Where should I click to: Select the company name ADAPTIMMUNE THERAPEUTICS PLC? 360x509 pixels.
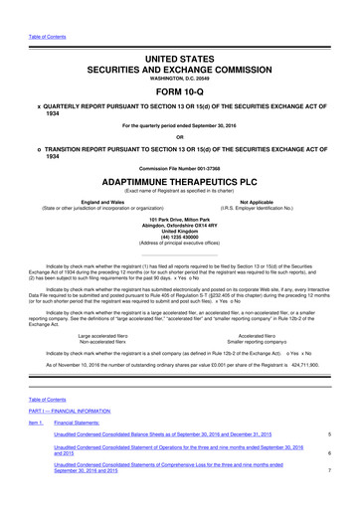(180, 184)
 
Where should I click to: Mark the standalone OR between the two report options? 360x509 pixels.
(180, 137)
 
